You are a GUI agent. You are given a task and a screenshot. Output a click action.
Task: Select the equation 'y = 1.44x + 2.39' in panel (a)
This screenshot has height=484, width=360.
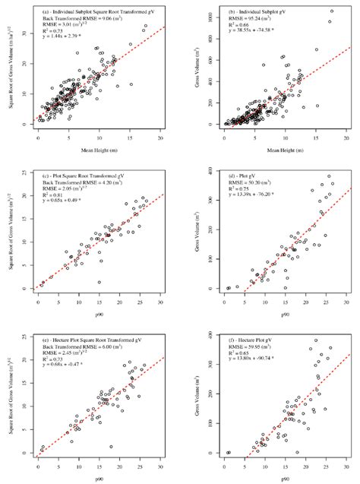point(71,37)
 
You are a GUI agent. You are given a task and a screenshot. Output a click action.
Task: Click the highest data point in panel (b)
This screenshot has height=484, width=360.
point(330,11)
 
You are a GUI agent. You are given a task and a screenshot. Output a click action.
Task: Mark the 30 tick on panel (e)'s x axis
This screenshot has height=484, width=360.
point(160,460)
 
